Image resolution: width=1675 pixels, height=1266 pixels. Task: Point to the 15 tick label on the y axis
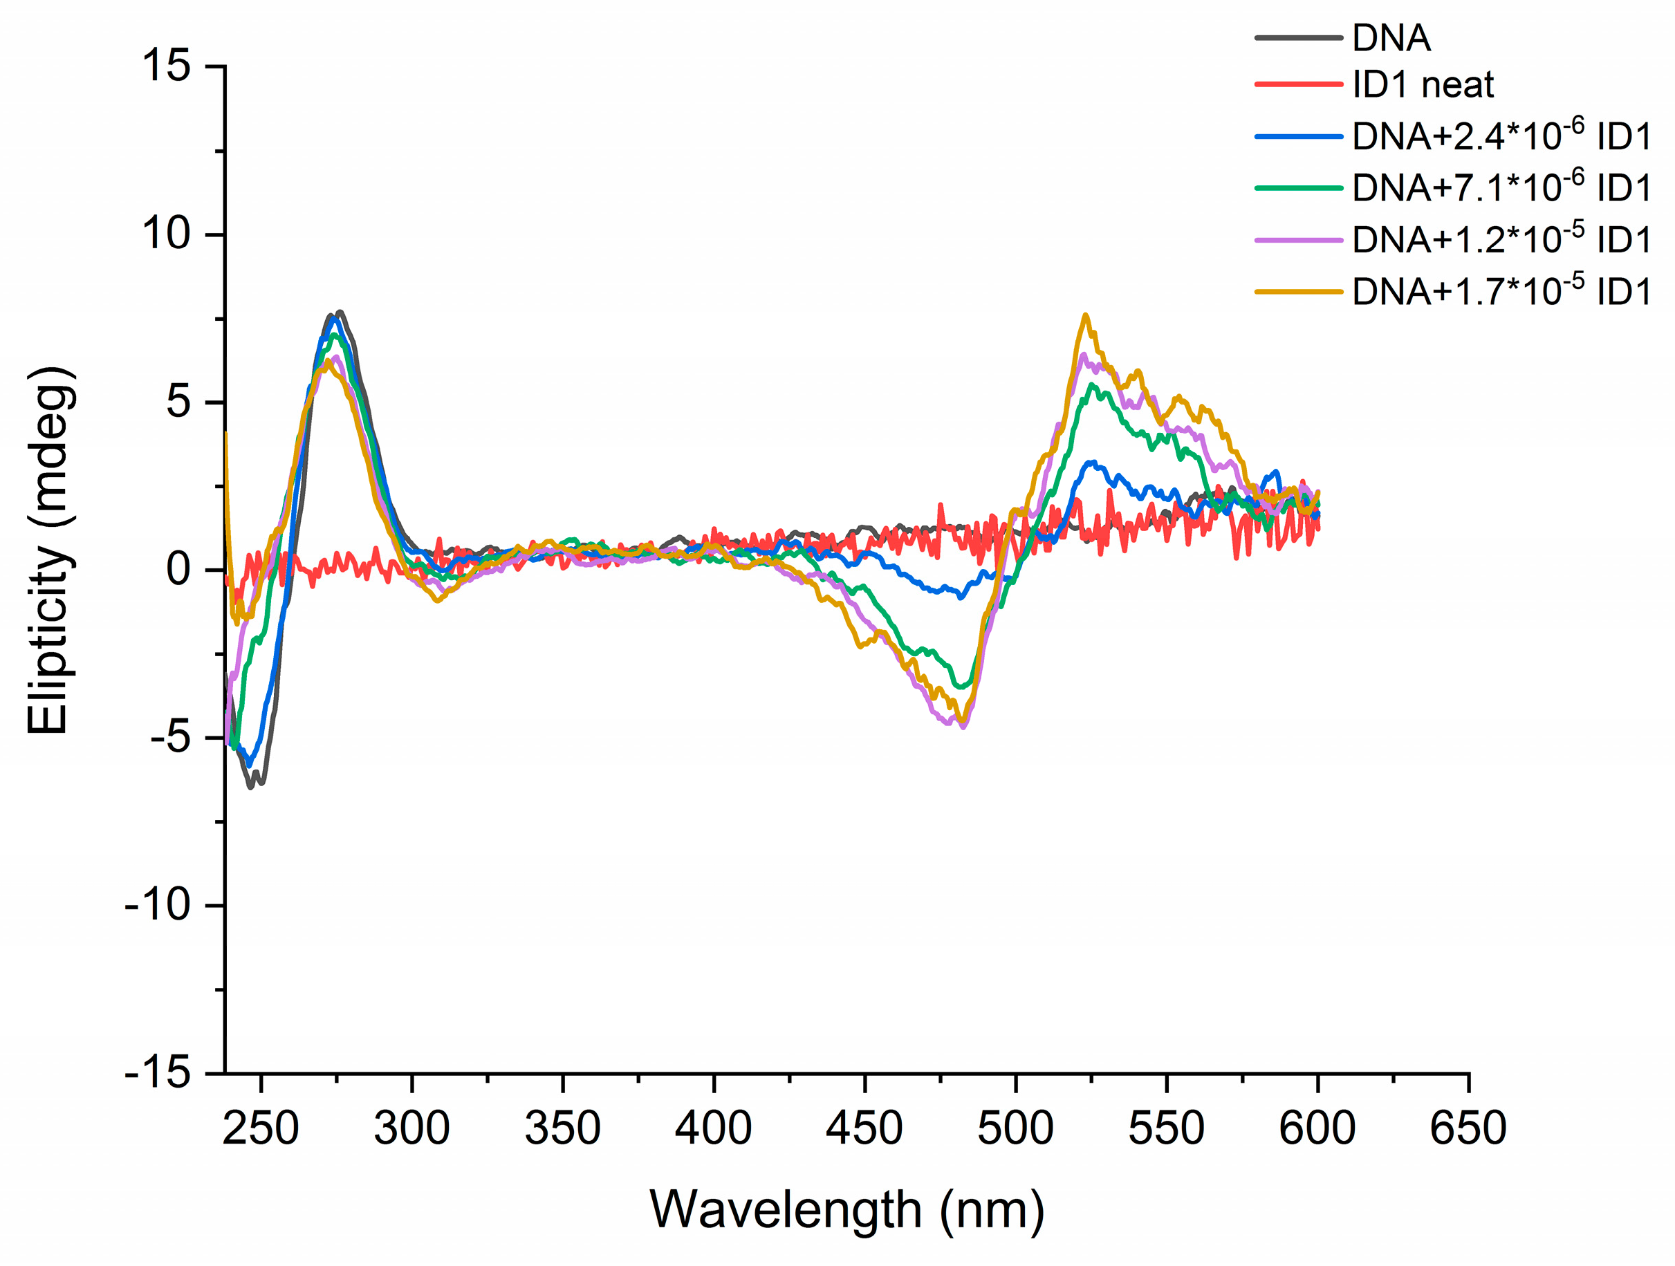point(166,65)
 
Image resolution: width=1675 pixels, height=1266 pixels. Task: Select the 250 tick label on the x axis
point(261,1128)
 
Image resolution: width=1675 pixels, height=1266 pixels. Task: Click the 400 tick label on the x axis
point(713,1128)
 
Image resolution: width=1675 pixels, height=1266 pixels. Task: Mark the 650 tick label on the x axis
point(1468,1128)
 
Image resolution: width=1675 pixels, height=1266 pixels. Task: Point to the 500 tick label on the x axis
point(1015,1128)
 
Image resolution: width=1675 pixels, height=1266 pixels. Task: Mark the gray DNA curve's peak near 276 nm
point(340,312)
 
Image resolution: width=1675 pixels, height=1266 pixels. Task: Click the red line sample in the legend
point(1298,84)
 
